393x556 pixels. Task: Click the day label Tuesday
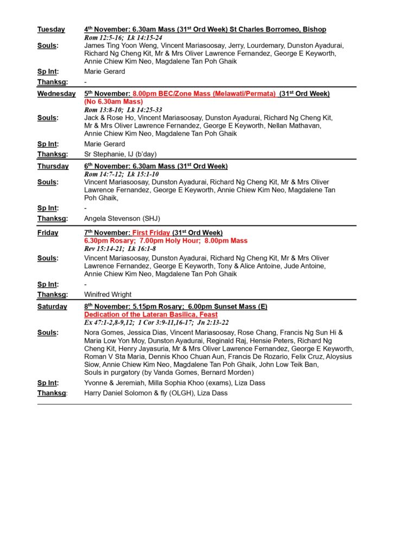(51, 29)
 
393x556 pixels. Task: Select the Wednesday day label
(56, 94)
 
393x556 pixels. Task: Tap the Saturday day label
(52, 307)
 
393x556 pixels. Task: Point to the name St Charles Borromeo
(263, 29)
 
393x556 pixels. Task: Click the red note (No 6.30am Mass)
(113, 102)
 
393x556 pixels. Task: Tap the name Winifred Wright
(107, 295)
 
